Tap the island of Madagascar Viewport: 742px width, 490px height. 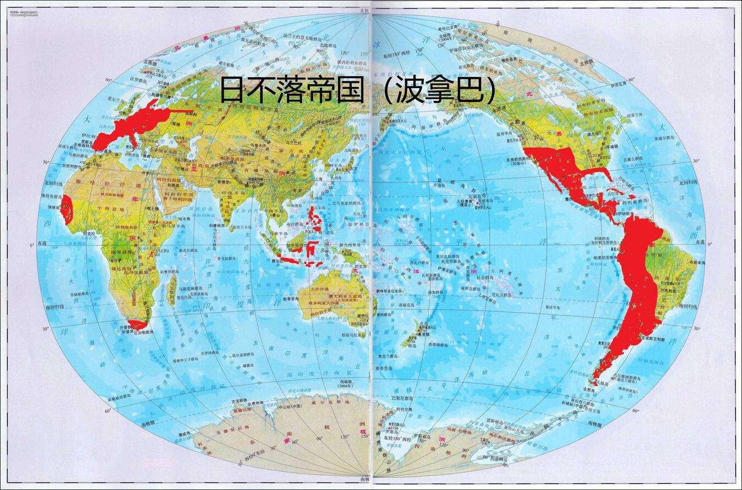point(172,289)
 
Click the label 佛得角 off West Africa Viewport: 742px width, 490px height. point(50,206)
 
